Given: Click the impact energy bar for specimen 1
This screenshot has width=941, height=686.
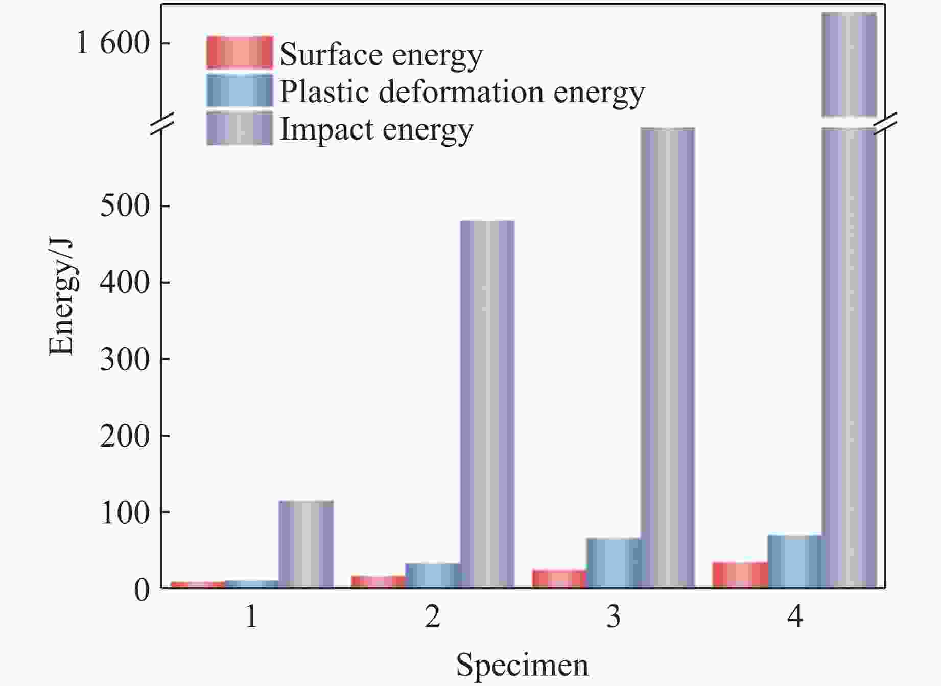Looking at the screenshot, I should pos(306,544).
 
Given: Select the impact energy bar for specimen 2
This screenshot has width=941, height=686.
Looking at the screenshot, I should pos(487,404).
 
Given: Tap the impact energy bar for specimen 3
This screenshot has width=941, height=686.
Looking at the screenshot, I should pos(668,358).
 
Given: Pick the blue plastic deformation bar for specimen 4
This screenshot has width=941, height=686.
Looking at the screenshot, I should pos(794,561).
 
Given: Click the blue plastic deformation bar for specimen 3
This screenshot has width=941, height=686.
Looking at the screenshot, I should pos(614,563).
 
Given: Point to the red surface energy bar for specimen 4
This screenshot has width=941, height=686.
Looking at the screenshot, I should pos(740,575).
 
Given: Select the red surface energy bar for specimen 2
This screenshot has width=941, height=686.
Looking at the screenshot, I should pos(379,582).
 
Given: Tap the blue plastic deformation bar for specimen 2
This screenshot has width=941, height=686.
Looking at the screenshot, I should pos(433,576).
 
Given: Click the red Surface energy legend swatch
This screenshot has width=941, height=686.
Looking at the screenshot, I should pos(240,53).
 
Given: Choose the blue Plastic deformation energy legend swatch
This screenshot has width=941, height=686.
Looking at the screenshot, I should pos(240,90).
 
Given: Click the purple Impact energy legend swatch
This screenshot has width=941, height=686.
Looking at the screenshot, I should pos(240,128).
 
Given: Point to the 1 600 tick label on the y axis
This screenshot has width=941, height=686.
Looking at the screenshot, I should pos(113,43).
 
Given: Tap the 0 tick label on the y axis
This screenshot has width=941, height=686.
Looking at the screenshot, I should pos(142,590).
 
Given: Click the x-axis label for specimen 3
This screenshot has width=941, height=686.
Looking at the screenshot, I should pos(614,617).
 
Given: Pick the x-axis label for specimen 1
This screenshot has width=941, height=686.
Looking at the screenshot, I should pos(251,617).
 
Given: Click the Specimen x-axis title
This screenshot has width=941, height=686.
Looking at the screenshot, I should pos(522,665).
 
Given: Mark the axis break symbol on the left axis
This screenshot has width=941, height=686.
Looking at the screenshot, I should pos(162,124).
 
